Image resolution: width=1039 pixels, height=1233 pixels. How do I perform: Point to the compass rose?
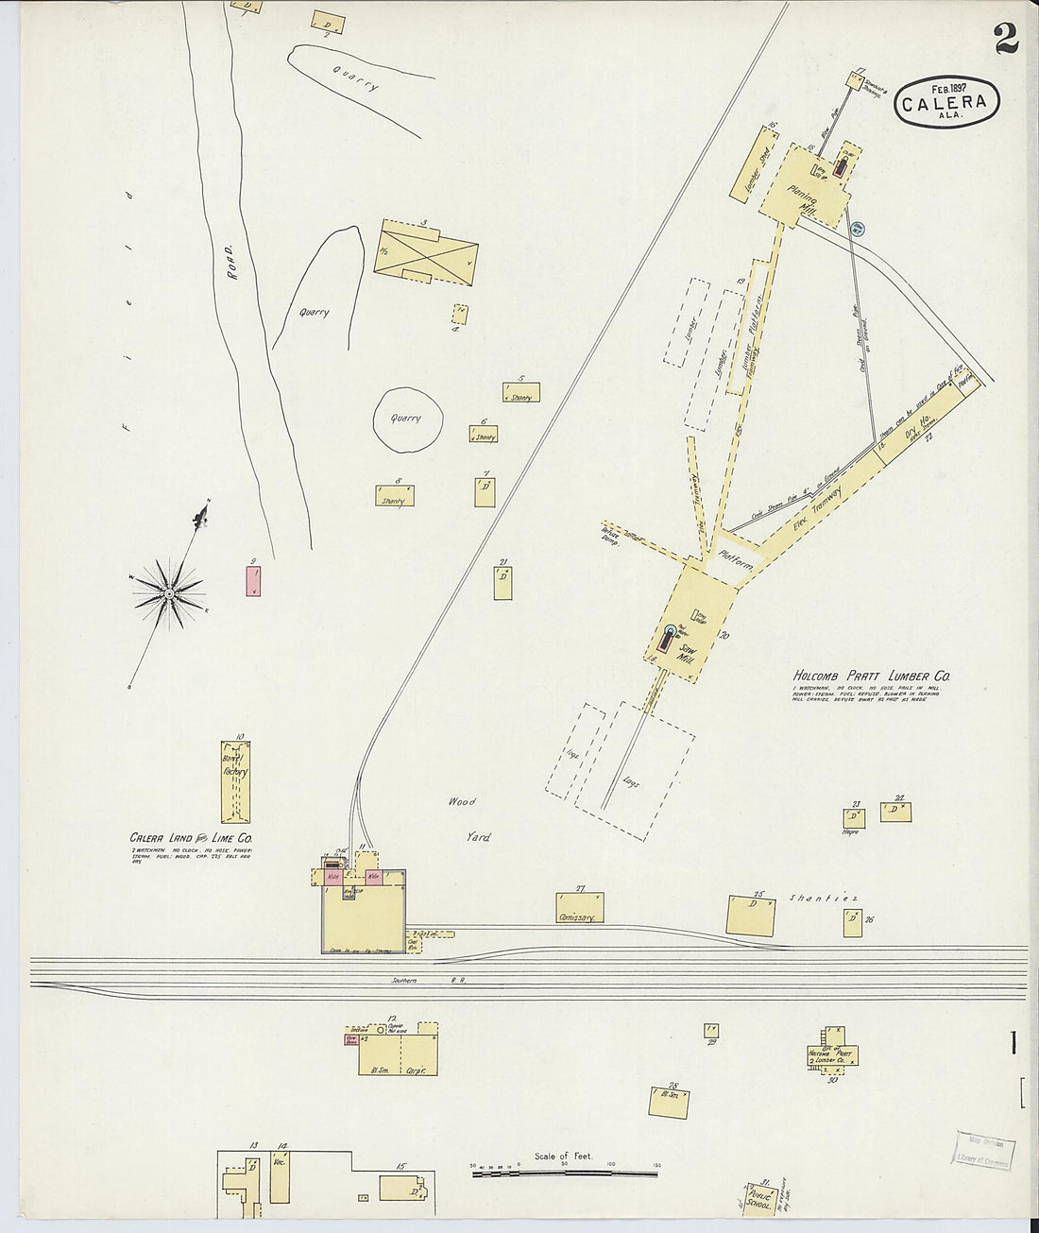[x=168, y=592]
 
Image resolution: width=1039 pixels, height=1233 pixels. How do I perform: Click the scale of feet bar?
[x=565, y=1173]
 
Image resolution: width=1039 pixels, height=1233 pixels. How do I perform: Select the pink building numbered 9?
[x=253, y=580]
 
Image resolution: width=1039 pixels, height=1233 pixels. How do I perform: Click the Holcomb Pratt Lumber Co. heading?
[x=871, y=676]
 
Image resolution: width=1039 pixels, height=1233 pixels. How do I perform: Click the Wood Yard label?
[x=468, y=819]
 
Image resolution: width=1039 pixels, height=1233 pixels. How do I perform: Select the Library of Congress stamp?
[x=983, y=1151]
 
